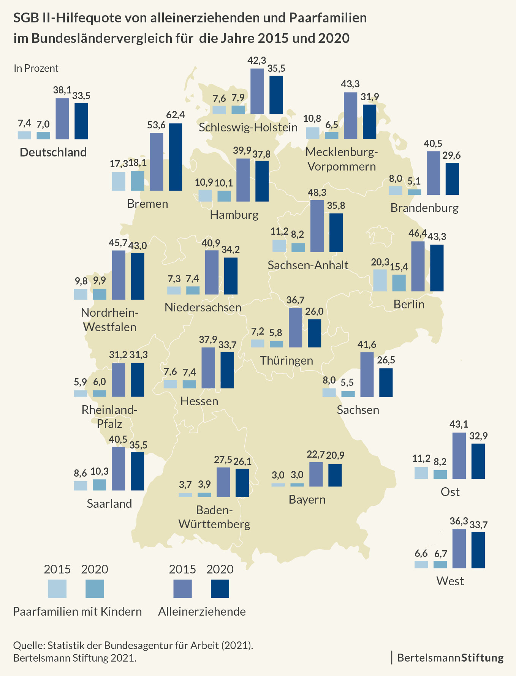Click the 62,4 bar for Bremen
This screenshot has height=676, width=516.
tap(175, 157)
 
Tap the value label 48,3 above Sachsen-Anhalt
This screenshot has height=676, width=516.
tap(317, 193)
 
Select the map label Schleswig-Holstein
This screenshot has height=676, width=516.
tap(248, 127)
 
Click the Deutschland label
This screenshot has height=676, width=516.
tap(53, 152)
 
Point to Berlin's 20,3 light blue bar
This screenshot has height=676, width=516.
tap(380, 280)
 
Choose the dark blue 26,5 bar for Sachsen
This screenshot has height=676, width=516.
tap(386, 382)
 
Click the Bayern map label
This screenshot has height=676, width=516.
tap(307, 499)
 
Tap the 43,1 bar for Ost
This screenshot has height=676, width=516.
tap(459, 455)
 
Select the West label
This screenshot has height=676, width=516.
tap(450, 581)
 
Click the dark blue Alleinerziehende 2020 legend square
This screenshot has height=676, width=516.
tap(220, 589)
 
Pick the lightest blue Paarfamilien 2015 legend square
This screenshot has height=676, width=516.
tap(57, 589)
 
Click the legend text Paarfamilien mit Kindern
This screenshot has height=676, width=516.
tap(78, 611)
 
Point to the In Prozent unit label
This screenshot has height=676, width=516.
tap(36, 68)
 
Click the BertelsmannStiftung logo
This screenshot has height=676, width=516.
tap(450, 658)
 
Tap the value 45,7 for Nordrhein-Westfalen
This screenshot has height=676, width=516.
tap(119, 243)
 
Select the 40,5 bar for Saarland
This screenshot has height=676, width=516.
tap(119, 469)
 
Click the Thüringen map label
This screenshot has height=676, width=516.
tap(286, 360)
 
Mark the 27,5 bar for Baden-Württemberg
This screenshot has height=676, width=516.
tap(223, 482)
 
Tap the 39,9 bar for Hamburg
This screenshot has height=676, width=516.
tap(243, 180)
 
